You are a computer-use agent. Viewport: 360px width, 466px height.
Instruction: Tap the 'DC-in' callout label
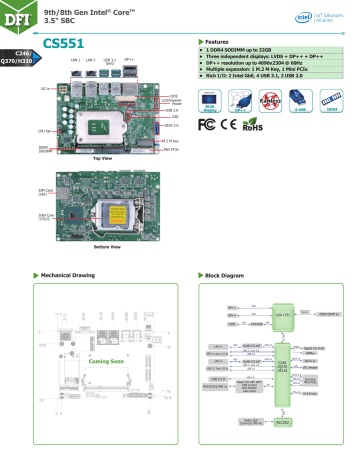click(x=47, y=88)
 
